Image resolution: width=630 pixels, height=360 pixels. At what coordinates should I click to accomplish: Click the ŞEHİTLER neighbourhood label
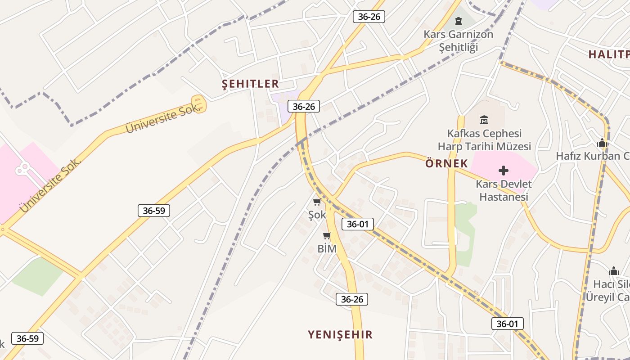(251, 84)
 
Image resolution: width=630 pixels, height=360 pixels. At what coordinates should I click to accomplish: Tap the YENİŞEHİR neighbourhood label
(340, 334)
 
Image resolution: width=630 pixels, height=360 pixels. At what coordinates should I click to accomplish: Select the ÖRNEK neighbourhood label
(446, 163)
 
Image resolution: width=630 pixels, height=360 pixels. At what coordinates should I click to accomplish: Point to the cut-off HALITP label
(609, 54)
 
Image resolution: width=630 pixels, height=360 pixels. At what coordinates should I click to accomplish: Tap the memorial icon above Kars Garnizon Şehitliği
(458, 21)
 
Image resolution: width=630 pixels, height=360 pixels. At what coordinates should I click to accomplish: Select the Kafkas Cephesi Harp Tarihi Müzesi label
(484, 140)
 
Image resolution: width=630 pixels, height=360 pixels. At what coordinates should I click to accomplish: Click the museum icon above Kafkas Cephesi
(484, 120)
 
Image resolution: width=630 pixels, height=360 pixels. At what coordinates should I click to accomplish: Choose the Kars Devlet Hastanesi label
(504, 190)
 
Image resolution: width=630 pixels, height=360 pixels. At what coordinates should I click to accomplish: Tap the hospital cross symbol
(504, 171)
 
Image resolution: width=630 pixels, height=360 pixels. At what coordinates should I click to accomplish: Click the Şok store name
(317, 215)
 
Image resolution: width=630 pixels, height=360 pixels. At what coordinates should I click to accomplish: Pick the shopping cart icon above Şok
(317, 202)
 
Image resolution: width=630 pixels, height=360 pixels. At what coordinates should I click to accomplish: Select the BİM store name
(327, 249)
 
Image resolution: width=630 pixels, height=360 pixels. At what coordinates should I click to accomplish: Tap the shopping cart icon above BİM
(327, 235)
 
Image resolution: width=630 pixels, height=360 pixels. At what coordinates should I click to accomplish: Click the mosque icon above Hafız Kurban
(602, 143)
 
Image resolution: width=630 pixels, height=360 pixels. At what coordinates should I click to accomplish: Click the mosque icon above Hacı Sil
(614, 271)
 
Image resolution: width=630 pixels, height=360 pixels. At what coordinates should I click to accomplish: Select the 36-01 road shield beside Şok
(358, 224)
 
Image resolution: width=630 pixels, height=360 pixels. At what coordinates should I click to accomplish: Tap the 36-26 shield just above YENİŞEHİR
(352, 299)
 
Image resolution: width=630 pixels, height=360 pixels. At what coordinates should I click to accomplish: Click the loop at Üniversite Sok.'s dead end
(199, 103)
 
